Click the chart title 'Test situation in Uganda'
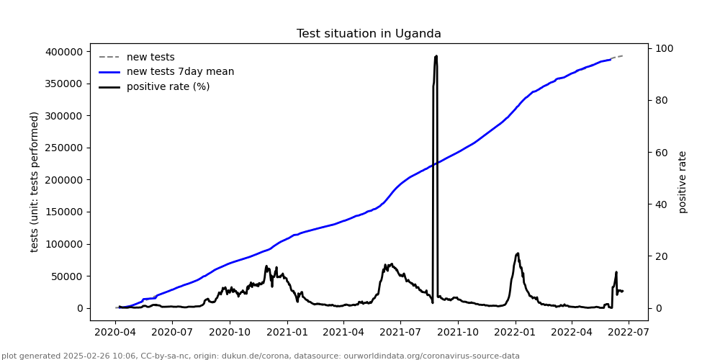369,34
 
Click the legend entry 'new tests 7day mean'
180,72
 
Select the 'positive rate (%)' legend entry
168,87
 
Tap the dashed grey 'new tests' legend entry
150,57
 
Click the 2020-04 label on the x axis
116,333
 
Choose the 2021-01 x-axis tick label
287,333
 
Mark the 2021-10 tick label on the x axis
458,333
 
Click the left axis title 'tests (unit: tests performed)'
35,181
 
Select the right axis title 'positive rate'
683,181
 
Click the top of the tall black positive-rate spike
436,56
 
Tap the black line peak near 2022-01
517,253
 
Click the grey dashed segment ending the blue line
616,57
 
